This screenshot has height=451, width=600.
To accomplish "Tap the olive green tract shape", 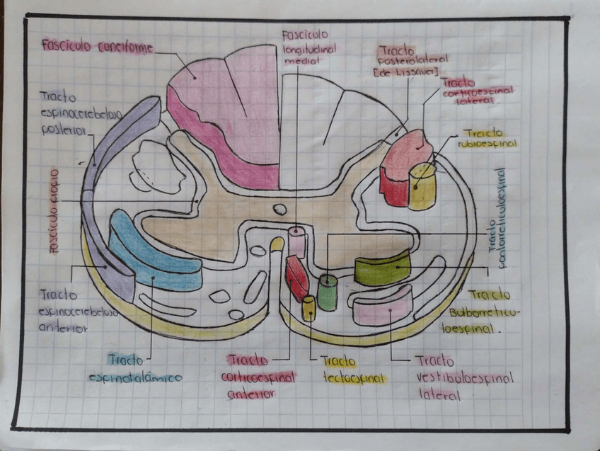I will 382,268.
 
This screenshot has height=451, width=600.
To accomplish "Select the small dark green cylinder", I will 327,292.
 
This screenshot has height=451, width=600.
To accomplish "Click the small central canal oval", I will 280,210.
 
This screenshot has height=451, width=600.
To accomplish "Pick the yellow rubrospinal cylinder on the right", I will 422,186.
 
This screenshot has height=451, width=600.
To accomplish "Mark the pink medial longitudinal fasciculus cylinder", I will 296,242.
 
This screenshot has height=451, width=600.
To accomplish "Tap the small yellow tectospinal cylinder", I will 308,308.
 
